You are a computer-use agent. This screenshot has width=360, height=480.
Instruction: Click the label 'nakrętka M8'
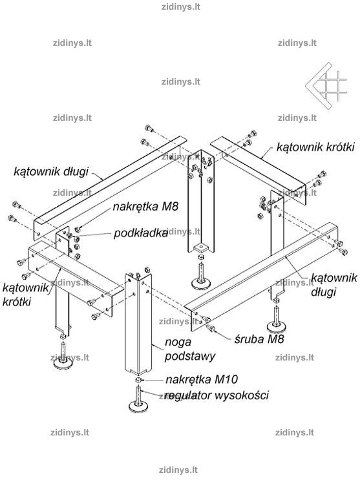(x=145, y=206)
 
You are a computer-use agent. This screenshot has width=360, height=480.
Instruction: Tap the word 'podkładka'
(x=141, y=233)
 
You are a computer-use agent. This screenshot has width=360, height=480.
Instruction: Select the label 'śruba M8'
(x=259, y=339)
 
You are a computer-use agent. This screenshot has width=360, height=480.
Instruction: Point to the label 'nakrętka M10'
(x=202, y=379)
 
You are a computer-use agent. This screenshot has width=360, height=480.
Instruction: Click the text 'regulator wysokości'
(x=217, y=395)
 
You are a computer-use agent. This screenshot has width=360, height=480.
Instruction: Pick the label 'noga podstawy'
(x=190, y=349)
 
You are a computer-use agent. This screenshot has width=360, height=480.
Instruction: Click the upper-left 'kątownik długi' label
(x=51, y=171)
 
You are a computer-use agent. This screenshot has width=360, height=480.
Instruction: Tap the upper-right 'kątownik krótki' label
(x=315, y=147)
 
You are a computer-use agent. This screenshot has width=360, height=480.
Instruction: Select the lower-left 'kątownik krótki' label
(x=25, y=295)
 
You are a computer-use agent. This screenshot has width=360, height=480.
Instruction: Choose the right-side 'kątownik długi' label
(x=334, y=285)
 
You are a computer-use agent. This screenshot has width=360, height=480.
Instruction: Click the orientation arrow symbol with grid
(x=326, y=85)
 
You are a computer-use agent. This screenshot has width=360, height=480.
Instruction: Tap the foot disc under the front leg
(x=139, y=406)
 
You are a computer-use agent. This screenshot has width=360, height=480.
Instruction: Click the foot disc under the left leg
(x=63, y=363)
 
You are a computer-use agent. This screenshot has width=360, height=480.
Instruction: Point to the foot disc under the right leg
(x=277, y=327)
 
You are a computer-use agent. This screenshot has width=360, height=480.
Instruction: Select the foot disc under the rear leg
(x=201, y=284)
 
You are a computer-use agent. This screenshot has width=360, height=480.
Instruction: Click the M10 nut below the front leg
(x=138, y=380)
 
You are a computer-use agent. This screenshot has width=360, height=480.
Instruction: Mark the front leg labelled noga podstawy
(x=138, y=324)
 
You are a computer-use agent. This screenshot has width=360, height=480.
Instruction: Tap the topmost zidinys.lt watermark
(x=181, y=6)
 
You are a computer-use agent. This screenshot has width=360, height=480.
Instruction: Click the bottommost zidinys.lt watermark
(x=178, y=470)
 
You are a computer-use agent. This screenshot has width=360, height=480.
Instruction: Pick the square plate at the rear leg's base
(x=200, y=246)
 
